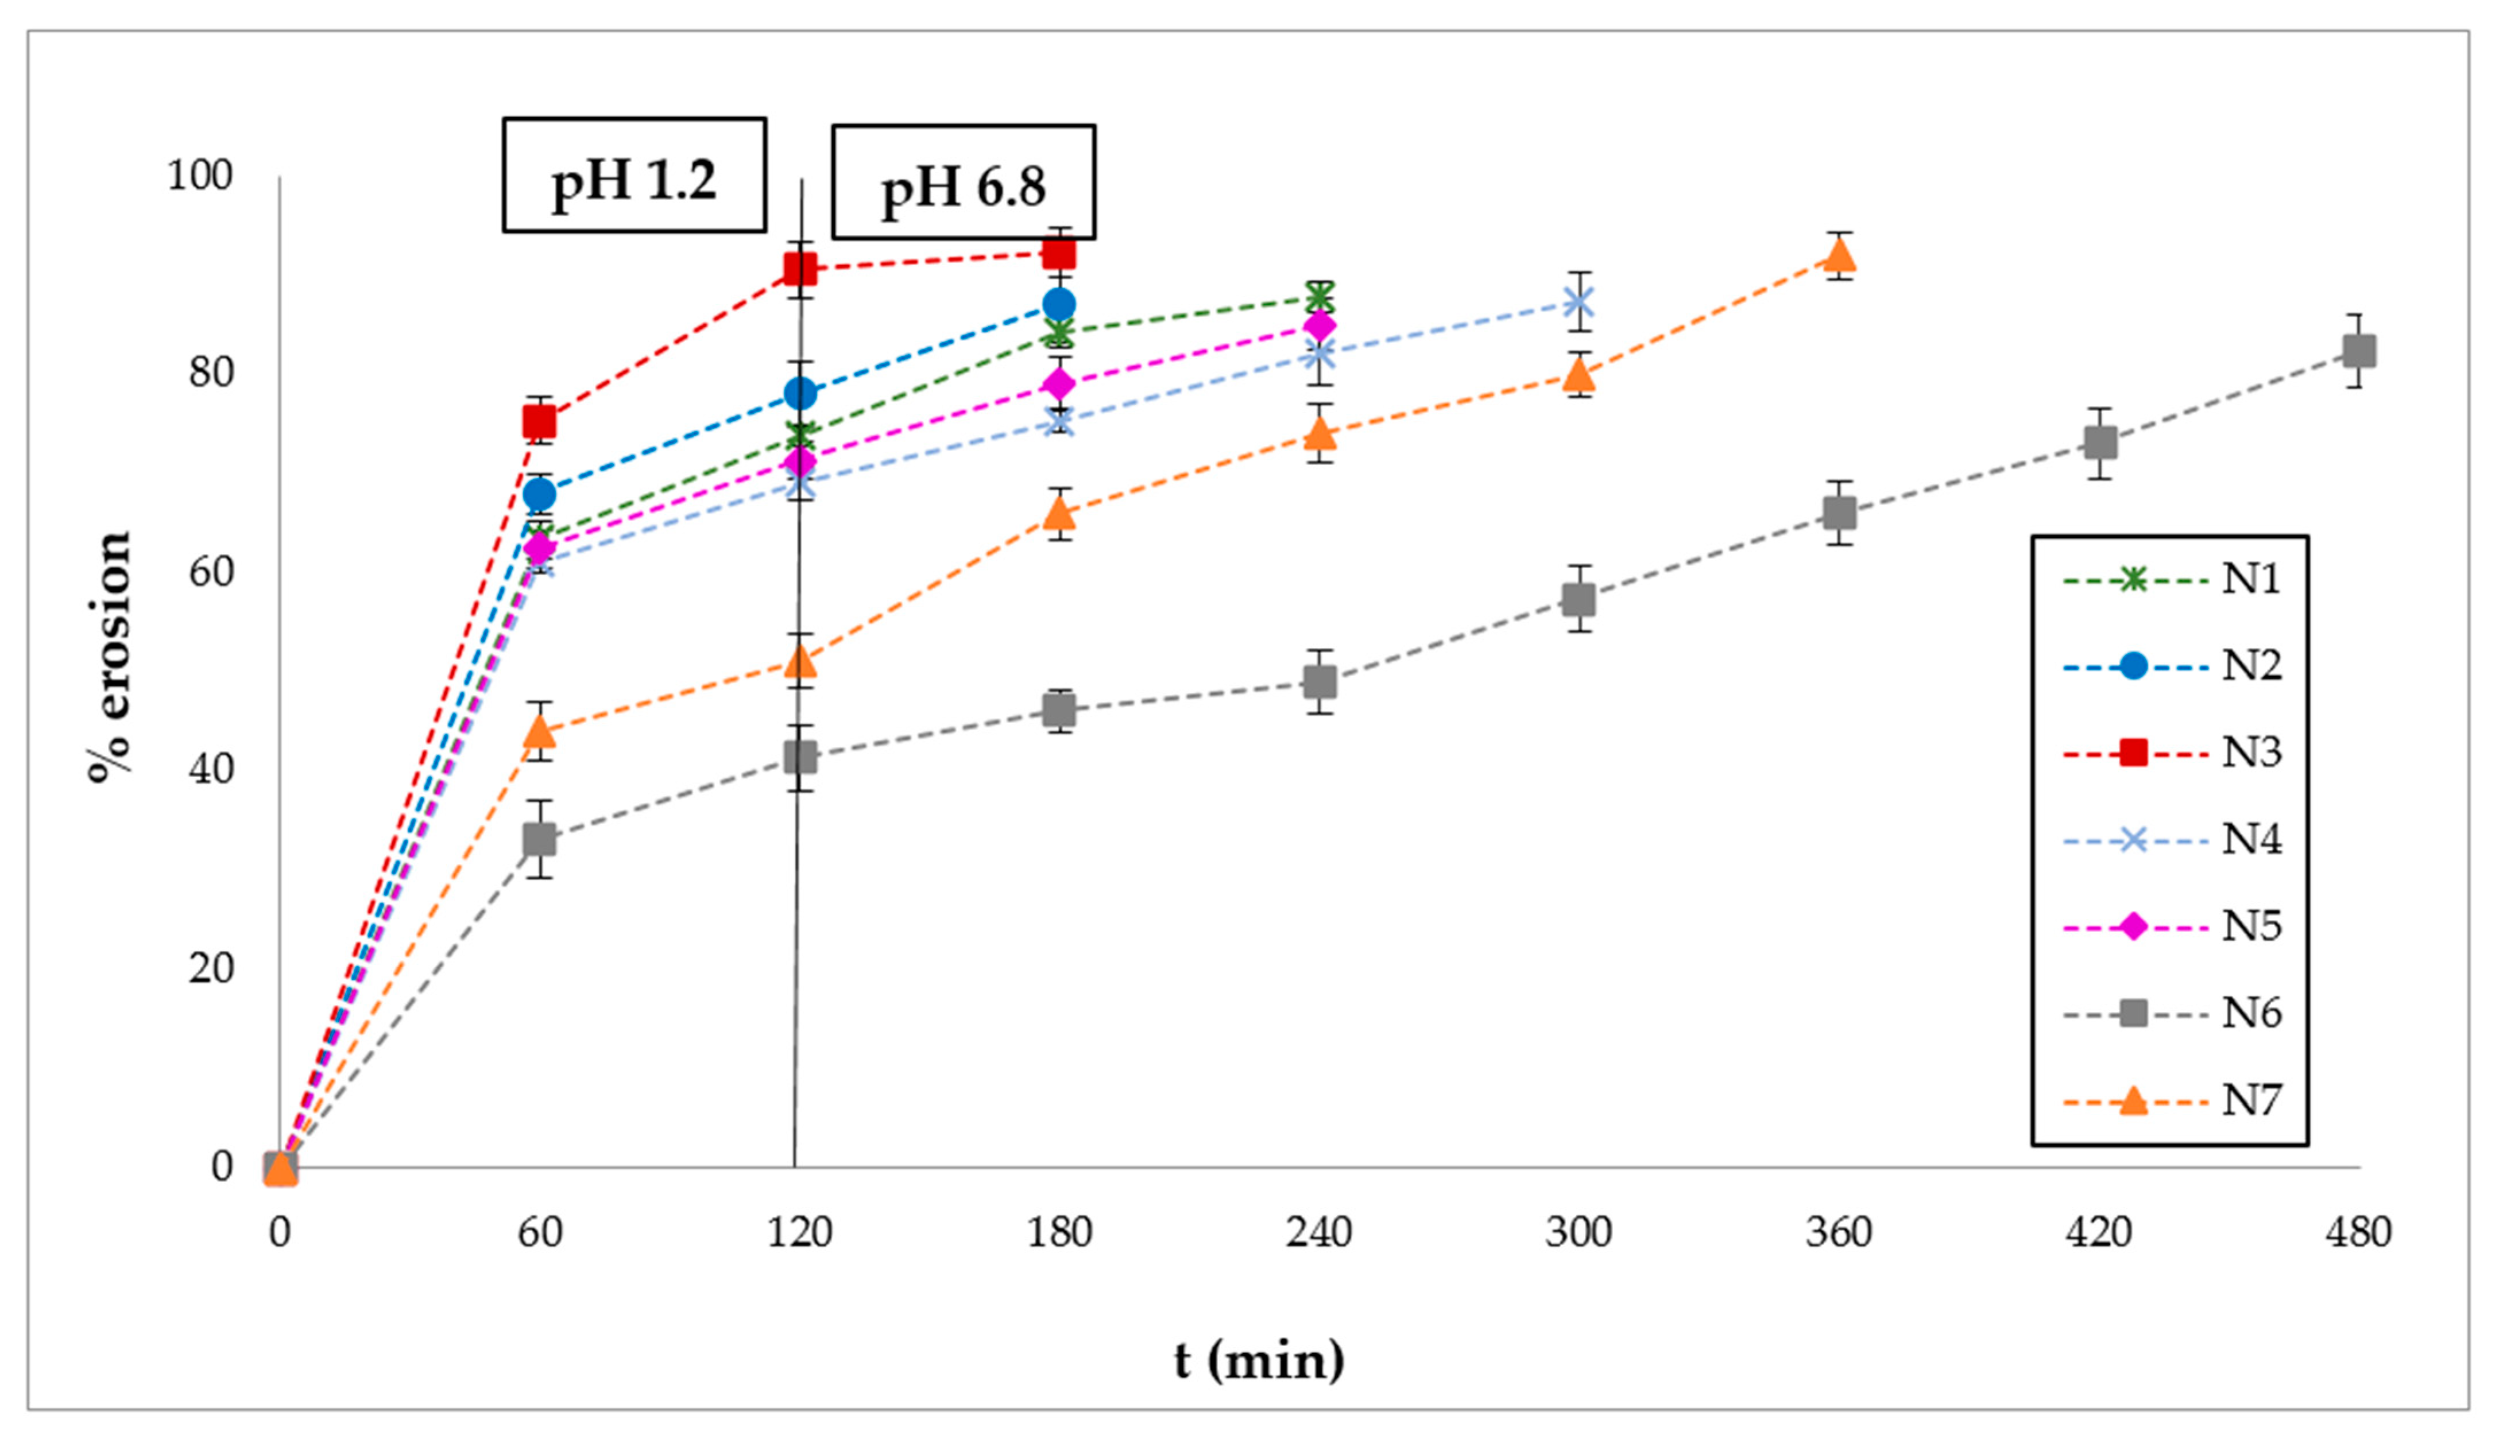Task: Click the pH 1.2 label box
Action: click(634, 176)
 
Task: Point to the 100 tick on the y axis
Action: click(200, 176)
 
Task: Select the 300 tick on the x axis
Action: click(1579, 1232)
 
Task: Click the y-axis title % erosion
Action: click(109, 657)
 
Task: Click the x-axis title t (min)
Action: click(1259, 1361)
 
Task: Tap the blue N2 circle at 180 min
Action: click(1059, 304)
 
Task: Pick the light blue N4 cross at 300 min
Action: click(1579, 301)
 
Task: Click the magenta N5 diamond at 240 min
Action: click(1319, 325)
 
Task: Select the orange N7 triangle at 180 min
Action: click(1059, 514)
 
